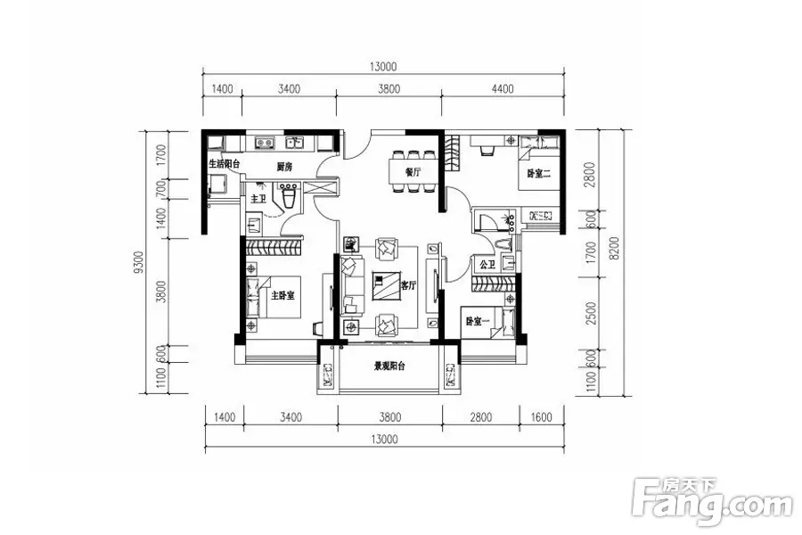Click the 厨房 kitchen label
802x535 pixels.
pyautogui.click(x=284, y=167)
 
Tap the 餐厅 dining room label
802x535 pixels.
pyautogui.click(x=413, y=172)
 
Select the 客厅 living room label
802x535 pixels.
pyautogui.click(x=408, y=285)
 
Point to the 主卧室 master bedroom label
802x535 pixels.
pyautogui.click(x=282, y=295)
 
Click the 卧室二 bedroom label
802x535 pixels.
pyautogui.click(x=538, y=174)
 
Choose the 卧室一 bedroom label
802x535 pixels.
pyautogui.click(x=477, y=322)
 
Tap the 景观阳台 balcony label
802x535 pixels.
pyautogui.click(x=389, y=366)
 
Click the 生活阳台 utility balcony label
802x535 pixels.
pyautogui.click(x=224, y=164)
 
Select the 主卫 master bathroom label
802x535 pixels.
pyautogui.click(x=258, y=199)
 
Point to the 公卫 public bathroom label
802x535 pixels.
pyautogui.click(x=487, y=265)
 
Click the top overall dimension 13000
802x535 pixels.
pyautogui.click(x=382, y=67)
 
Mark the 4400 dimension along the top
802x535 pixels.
pyautogui.click(x=503, y=89)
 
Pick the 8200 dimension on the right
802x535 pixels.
pyautogui.click(x=614, y=248)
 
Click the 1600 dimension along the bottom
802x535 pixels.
pyautogui.click(x=541, y=417)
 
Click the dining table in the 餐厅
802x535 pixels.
pyautogui.click(x=413, y=172)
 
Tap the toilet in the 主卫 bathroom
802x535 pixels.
pyautogui.click(x=289, y=198)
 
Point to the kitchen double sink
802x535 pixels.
pyautogui.click(x=265, y=142)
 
